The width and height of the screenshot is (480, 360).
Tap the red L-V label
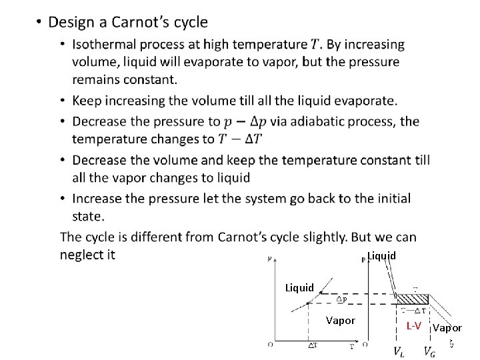(414, 325)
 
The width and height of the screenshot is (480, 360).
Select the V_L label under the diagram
(398, 351)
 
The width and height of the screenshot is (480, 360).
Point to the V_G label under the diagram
(429, 351)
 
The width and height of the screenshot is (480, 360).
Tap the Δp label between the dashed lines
(340, 299)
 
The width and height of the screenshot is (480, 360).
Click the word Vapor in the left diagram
(341, 321)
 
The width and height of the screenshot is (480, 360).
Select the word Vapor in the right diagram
(447, 327)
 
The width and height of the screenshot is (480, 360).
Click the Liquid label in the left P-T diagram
(299, 288)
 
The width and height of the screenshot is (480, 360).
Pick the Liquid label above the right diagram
(382, 255)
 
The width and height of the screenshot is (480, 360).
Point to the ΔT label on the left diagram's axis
(312, 345)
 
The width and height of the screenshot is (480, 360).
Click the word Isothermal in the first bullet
(107, 45)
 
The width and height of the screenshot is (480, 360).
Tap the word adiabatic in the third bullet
(313, 121)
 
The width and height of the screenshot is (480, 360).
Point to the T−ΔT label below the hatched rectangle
(414, 310)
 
